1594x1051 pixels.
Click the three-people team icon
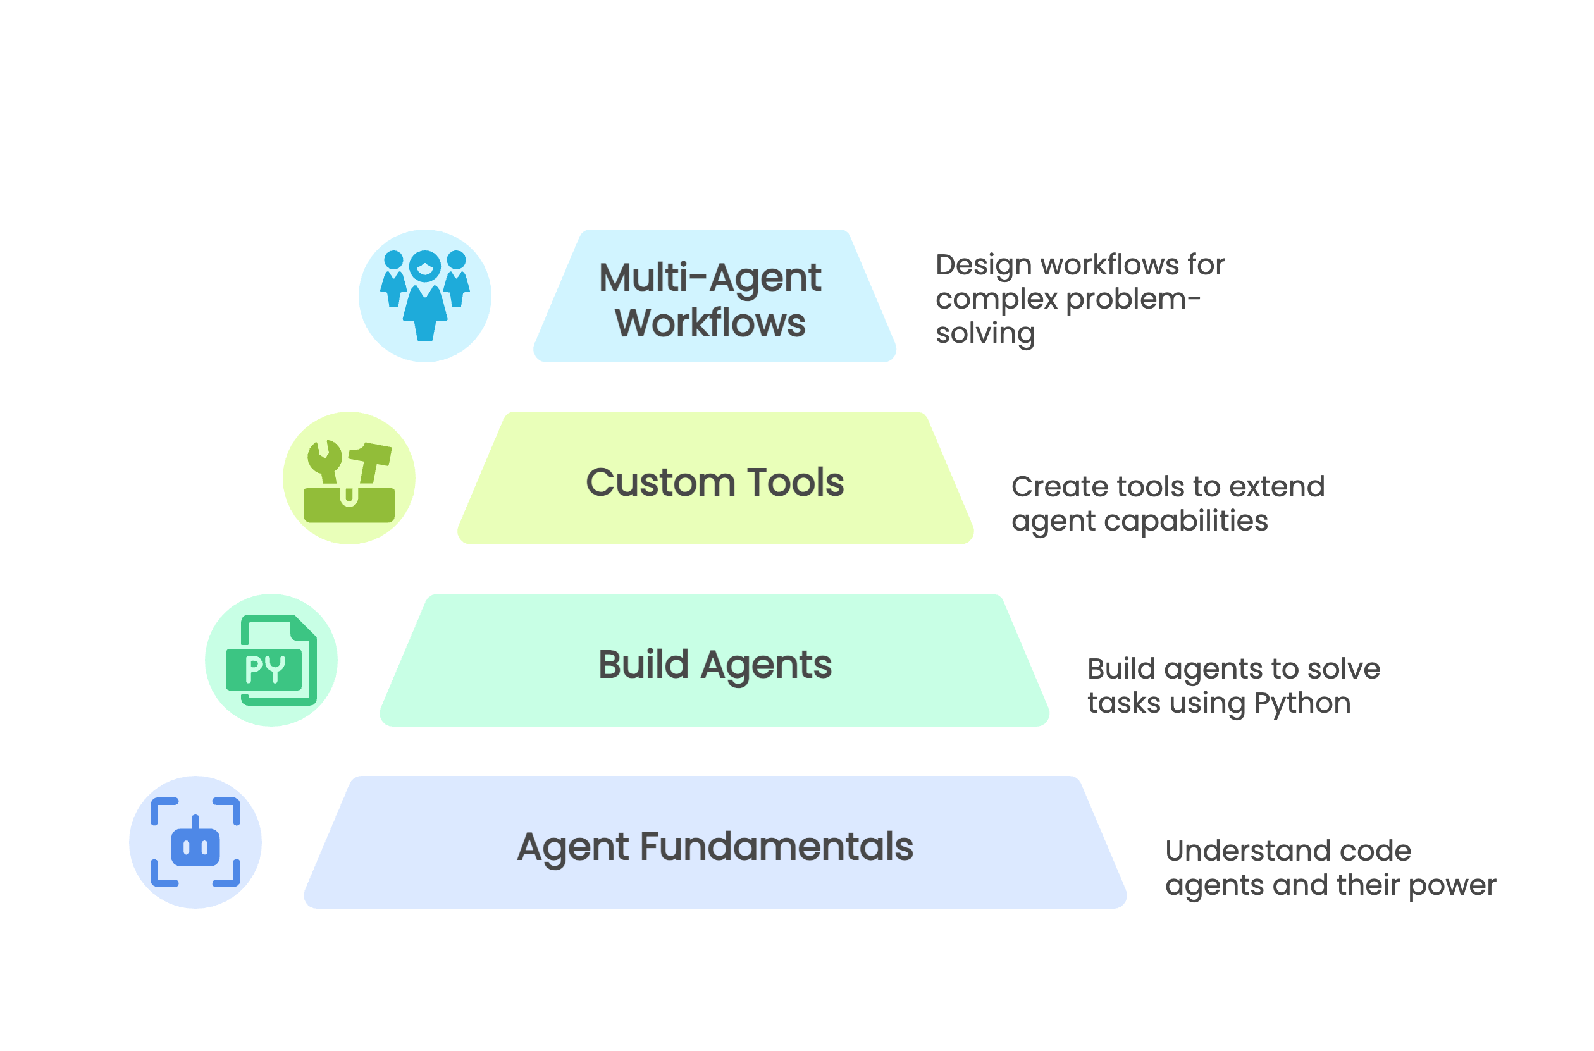point(425,295)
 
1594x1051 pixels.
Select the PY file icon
point(271,660)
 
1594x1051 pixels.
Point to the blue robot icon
point(195,842)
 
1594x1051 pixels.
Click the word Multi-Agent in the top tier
point(710,278)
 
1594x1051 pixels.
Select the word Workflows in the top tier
point(710,323)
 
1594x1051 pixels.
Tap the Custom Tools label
point(715,482)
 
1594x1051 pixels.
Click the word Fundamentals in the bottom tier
point(776,847)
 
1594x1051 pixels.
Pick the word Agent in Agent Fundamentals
point(572,849)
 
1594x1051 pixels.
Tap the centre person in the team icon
point(425,295)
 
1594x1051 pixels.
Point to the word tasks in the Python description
point(1124,704)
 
